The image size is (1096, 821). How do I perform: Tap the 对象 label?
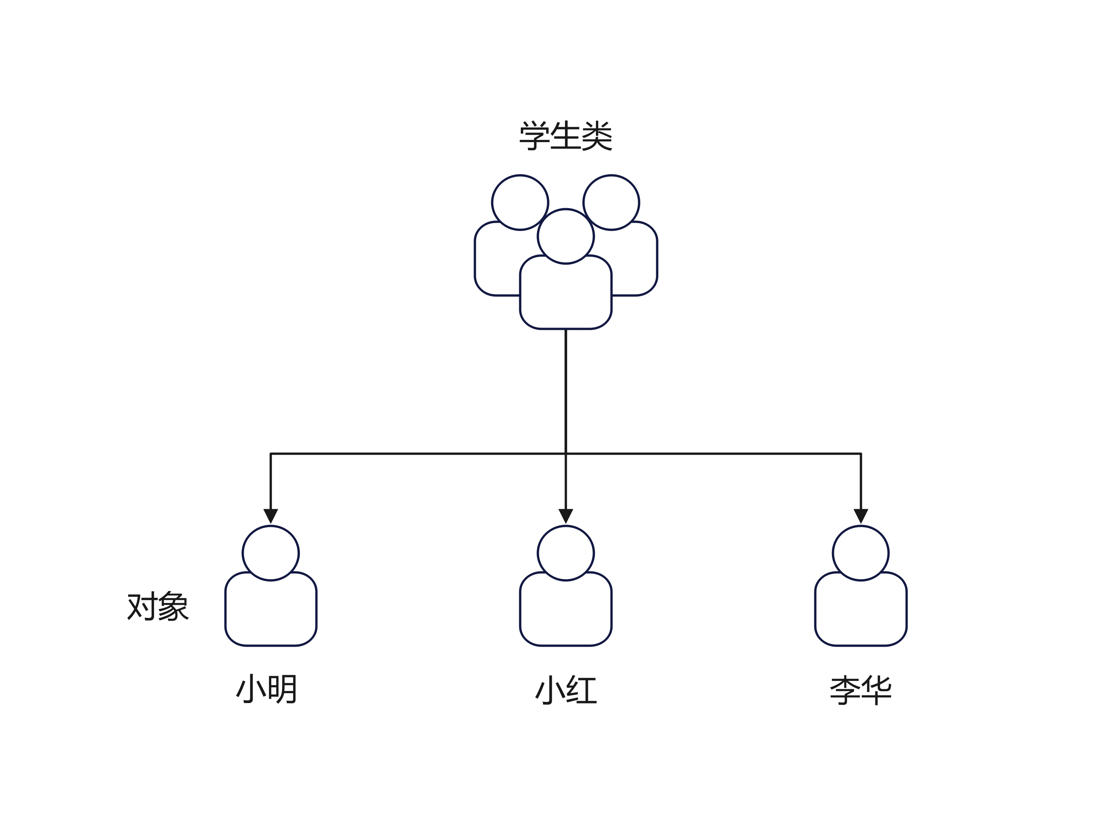pyautogui.click(x=158, y=606)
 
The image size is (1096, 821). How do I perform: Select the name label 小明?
pyautogui.click(x=267, y=689)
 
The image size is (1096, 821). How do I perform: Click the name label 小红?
pyautogui.click(x=566, y=690)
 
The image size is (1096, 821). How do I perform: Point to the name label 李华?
pyautogui.click(x=861, y=690)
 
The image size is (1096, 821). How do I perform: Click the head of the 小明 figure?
pyautogui.click(x=271, y=553)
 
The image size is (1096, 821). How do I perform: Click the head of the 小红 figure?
pyautogui.click(x=565, y=553)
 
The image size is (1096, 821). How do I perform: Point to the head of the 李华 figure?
pyautogui.click(x=861, y=553)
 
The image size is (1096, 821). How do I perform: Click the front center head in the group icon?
pyautogui.click(x=565, y=236)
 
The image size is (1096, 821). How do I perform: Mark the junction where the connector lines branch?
pyautogui.click(x=565, y=454)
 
